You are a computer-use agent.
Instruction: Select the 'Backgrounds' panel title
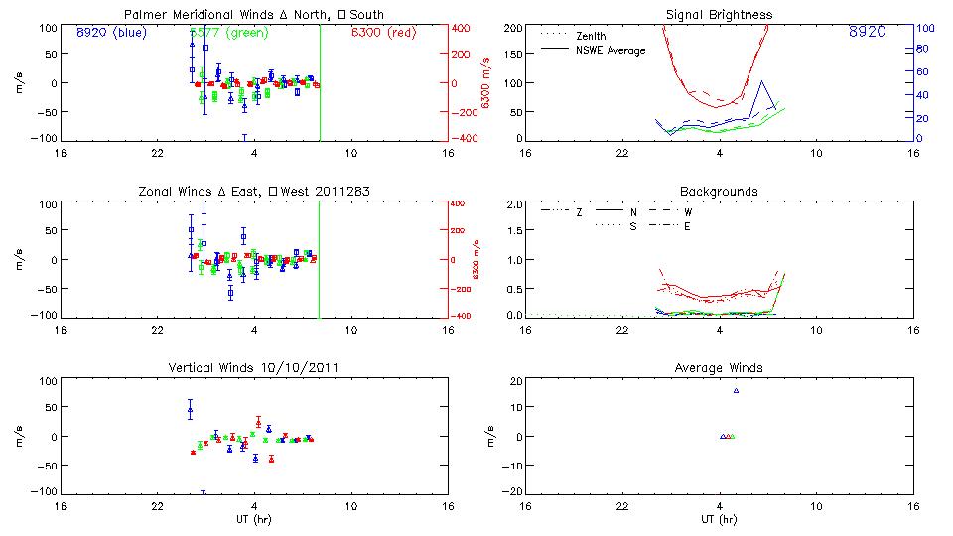tap(719, 191)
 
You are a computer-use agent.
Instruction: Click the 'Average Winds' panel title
tap(719, 368)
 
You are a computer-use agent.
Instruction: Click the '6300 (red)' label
tap(385, 32)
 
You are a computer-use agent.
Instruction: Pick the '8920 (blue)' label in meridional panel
tap(110, 32)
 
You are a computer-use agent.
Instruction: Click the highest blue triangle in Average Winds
tap(736, 390)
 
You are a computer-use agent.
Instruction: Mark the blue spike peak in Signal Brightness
tap(761, 81)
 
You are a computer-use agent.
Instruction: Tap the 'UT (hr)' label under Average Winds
tap(719, 519)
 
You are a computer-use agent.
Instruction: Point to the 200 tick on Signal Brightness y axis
tap(512, 28)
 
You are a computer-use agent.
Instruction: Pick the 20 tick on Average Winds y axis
tap(516, 381)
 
